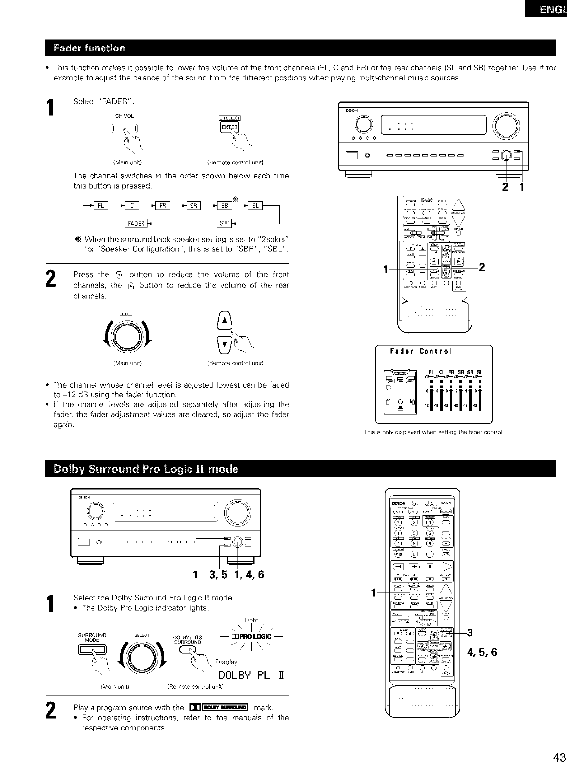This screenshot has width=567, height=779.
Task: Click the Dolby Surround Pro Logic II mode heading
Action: tap(142, 469)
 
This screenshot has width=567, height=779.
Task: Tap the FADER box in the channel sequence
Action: tap(136, 223)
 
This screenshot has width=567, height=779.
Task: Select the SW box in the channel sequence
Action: tap(224, 223)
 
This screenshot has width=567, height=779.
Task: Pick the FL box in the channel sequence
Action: tap(100, 206)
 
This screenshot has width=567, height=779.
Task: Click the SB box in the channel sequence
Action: tap(224, 206)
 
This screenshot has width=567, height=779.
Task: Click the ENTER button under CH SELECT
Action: tap(229, 128)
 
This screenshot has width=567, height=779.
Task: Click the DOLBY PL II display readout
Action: tap(251, 675)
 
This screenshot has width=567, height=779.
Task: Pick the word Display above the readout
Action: tap(226, 662)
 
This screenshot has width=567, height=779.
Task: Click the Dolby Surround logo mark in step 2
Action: tap(218, 707)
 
